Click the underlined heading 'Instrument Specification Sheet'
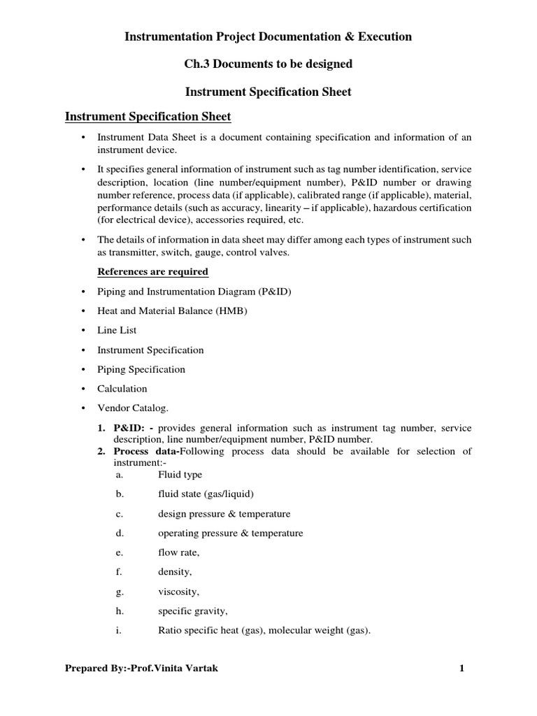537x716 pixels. (148, 115)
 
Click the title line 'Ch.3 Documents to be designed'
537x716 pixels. (268, 64)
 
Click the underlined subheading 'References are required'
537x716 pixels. (152, 271)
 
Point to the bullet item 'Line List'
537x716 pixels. (117, 330)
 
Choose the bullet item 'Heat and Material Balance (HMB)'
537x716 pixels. (173, 310)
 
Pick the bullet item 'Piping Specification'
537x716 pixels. (141, 369)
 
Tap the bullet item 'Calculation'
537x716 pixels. (122, 388)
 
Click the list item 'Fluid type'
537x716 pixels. (180, 475)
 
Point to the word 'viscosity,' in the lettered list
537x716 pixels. (178, 592)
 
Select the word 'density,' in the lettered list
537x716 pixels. (175, 572)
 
